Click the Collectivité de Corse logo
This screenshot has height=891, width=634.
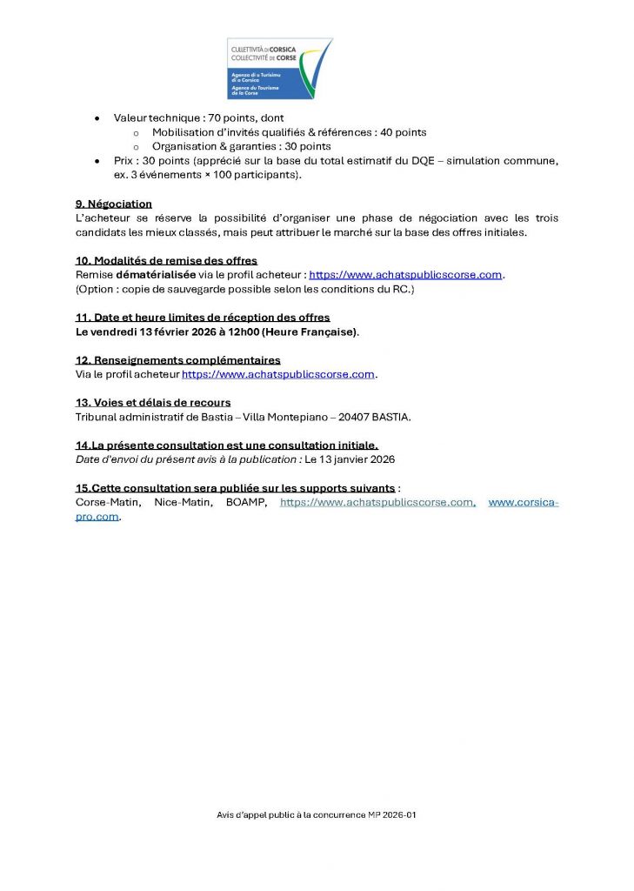tap(279, 69)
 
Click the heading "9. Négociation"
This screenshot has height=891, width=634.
tap(114, 204)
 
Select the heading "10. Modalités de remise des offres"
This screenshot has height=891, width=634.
tap(166, 260)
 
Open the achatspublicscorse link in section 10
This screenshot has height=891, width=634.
tap(405, 274)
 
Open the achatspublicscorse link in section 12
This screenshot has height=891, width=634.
tap(277, 374)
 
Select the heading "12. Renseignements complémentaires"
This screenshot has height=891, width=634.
tap(177, 360)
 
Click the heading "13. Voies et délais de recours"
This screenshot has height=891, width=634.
tap(153, 402)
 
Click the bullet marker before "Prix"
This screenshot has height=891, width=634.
tap(96, 161)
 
